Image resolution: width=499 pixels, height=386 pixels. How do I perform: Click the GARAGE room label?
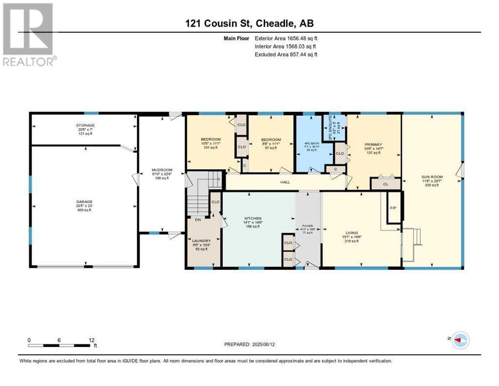pyautogui.click(x=84, y=202)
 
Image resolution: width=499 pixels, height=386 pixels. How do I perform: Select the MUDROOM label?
pyautogui.click(x=162, y=170)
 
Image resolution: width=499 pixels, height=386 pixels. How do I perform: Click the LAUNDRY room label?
pyautogui.click(x=201, y=241)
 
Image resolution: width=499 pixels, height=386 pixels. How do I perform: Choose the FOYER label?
pyautogui.click(x=308, y=226)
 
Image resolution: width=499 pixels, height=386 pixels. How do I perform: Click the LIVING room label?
pyautogui.click(x=351, y=233)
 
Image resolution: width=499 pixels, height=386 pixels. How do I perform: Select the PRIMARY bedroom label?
pyautogui.click(x=372, y=142)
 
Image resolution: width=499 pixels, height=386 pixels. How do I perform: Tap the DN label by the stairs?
pyautogui.click(x=197, y=220)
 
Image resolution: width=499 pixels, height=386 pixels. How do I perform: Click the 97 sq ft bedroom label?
pyautogui.click(x=271, y=140)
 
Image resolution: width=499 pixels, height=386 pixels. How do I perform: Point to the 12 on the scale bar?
pyautogui.click(x=91, y=340)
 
